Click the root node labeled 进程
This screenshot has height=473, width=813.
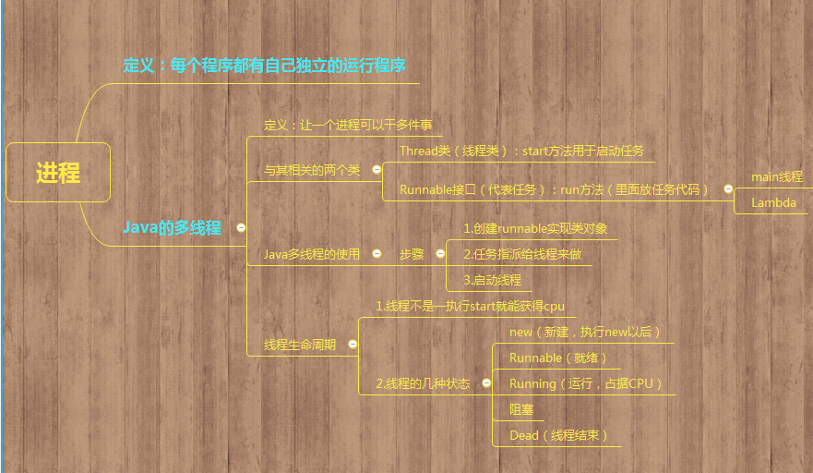tap(58, 173)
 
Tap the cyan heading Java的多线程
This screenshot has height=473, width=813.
tap(173, 227)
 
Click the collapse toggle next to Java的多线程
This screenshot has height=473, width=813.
tap(241, 227)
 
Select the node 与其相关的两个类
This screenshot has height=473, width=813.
tap(312, 170)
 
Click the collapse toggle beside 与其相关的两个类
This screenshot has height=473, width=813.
tap(377, 169)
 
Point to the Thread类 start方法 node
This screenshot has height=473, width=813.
tap(521, 151)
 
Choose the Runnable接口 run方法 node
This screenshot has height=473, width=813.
tap(554, 189)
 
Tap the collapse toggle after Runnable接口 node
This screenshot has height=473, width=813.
tap(728, 189)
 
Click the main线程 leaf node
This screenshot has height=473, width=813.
tap(777, 176)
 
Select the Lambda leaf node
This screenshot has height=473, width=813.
tap(773, 202)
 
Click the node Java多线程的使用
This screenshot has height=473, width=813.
tap(312, 254)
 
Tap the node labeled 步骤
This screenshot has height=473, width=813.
tap(412, 254)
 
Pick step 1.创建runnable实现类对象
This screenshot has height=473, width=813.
tap(535, 228)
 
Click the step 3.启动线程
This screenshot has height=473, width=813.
tap(492, 280)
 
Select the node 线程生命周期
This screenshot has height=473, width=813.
tap(300, 345)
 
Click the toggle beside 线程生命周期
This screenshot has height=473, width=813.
tap(353, 344)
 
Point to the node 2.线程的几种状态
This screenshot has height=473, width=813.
tap(423, 383)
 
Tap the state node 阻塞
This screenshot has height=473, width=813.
tap(521, 409)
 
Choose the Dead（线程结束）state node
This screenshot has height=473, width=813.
tap(559, 435)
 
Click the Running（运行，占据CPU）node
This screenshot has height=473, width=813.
tap(586, 383)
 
